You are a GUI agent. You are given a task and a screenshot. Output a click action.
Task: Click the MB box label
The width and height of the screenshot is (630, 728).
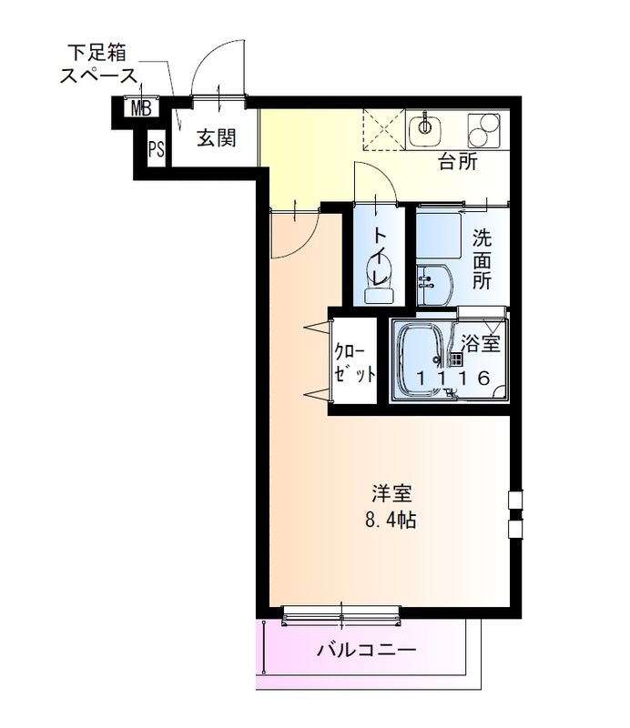pyautogui.click(x=139, y=110)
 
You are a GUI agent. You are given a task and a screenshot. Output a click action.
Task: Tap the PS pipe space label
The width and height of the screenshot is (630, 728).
pyautogui.click(x=157, y=149)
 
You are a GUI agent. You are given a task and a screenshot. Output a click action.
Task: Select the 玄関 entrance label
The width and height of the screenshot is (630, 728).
pyautogui.click(x=216, y=138)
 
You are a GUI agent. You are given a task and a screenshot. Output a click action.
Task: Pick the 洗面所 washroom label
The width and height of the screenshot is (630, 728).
pyautogui.click(x=482, y=259)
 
